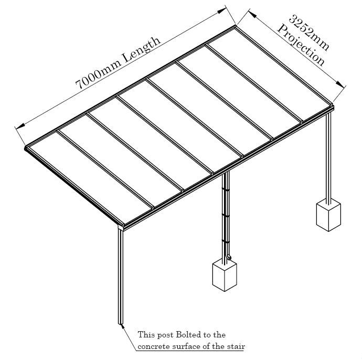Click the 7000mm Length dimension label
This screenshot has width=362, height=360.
[x=118, y=64]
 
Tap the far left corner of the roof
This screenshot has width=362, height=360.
[x=26, y=149]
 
